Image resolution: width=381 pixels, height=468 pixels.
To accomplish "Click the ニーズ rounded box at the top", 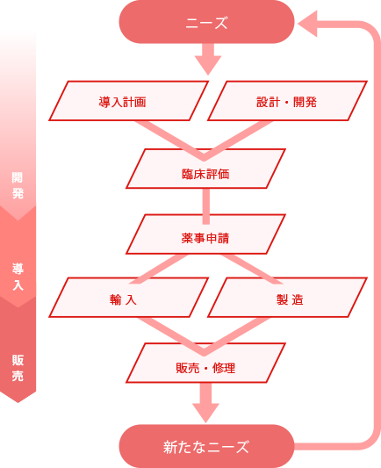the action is tap(207, 22).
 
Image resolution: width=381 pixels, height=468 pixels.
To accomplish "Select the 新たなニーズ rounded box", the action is tap(207, 447).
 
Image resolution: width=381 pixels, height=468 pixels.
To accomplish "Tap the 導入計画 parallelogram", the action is tap(128, 101).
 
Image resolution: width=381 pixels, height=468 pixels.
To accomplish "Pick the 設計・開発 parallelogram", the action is tap(287, 101).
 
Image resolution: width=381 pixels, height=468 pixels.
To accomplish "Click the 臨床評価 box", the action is tap(206, 169).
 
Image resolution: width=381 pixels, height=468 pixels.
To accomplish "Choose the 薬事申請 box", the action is tap(206, 234).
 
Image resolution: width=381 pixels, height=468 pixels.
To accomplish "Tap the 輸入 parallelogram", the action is tap(128, 298).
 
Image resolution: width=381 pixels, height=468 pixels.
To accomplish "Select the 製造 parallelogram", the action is tap(287, 298).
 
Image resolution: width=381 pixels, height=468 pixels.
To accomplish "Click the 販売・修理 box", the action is tap(206, 363).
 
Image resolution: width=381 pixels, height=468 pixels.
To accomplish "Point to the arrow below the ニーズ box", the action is tap(208, 59).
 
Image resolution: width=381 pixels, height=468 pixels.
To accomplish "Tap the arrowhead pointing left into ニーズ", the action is tap(307, 24).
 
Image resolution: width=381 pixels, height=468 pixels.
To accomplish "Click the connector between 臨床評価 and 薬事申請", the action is tap(206, 206).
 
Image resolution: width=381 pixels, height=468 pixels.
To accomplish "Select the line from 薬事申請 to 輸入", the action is tap(159, 269).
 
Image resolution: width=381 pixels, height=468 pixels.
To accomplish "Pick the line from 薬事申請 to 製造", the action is tap(252, 269).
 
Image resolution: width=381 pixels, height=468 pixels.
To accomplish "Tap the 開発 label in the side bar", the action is tap(18, 185).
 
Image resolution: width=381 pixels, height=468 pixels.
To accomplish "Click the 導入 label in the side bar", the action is tap(18, 277).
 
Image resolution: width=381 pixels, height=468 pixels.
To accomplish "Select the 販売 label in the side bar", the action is tap(18, 368).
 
